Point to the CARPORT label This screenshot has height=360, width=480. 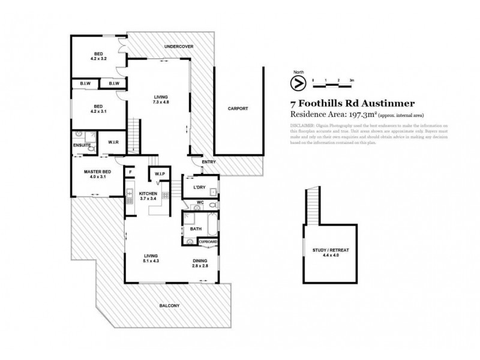point(238,109)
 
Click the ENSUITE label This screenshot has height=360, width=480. point(82,145)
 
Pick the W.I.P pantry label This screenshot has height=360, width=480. point(160,174)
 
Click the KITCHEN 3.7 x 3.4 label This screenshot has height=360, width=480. point(148,196)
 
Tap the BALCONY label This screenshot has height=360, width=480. point(170,305)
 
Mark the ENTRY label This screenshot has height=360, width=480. point(208,161)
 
